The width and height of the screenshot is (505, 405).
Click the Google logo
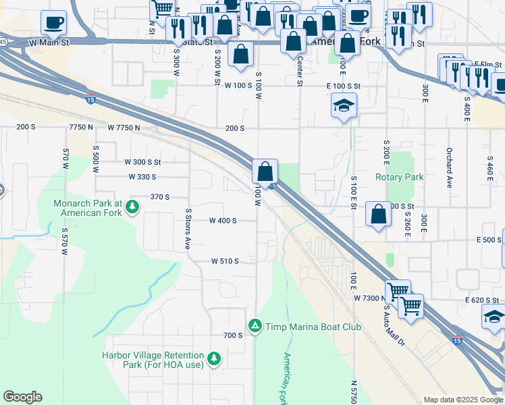(x=22, y=397)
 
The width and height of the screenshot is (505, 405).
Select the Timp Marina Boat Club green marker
(x=255, y=327)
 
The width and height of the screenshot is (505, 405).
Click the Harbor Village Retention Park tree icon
(x=215, y=357)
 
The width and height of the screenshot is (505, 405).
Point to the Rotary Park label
(x=399, y=178)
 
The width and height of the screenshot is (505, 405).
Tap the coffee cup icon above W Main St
(x=53, y=22)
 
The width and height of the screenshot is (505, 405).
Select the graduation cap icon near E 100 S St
(x=344, y=105)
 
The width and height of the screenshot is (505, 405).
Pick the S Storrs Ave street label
(x=188, y=229)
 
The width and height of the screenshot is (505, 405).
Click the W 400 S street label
(x=223, y=221)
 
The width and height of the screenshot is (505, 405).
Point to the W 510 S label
(x=225, y=261)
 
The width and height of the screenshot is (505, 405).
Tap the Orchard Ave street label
(x=448, y=168)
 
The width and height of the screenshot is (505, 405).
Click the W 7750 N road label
(x=124, y=128)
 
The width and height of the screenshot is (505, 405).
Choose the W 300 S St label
(x=142, y=162)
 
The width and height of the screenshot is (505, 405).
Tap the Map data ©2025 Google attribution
(x=462, y=400)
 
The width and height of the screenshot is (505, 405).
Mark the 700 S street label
(x=232, y=335)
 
